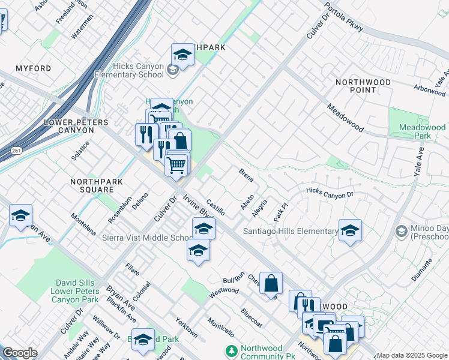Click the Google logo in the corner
coord(20,353)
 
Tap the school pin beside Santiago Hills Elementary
coord(350,230)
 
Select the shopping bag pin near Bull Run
coord(271,283)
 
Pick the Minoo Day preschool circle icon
coord(401,231)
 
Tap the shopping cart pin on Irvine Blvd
coord(176,164)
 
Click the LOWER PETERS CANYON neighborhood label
coord(77,127)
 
